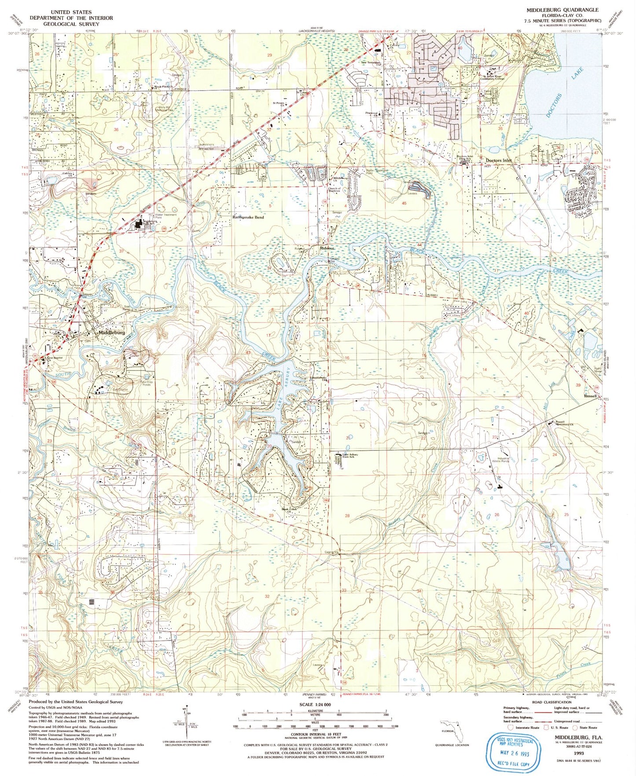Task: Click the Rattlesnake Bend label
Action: tap(248, 218)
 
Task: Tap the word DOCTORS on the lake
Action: tap(555, 106)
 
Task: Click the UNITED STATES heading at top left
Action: tap(71, 12)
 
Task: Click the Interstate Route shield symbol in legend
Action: tap(511, 728)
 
